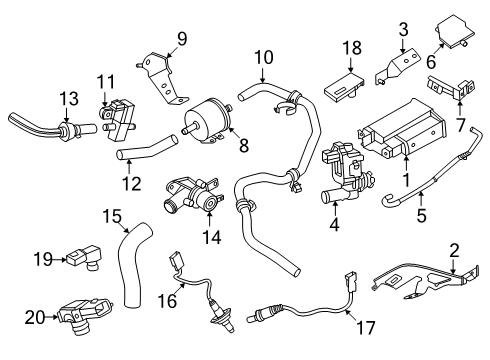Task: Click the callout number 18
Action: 352,48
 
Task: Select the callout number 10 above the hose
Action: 264,57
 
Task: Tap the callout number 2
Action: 454,251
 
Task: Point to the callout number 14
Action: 212,237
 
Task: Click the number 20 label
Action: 35,317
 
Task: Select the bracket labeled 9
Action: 163,80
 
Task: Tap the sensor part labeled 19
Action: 85,256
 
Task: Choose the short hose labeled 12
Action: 147,148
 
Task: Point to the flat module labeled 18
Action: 344,85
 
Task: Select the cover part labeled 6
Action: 455,31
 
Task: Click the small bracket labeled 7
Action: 451,88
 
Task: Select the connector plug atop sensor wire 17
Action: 351,282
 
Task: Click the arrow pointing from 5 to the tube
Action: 421,199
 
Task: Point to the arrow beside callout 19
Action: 60,259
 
